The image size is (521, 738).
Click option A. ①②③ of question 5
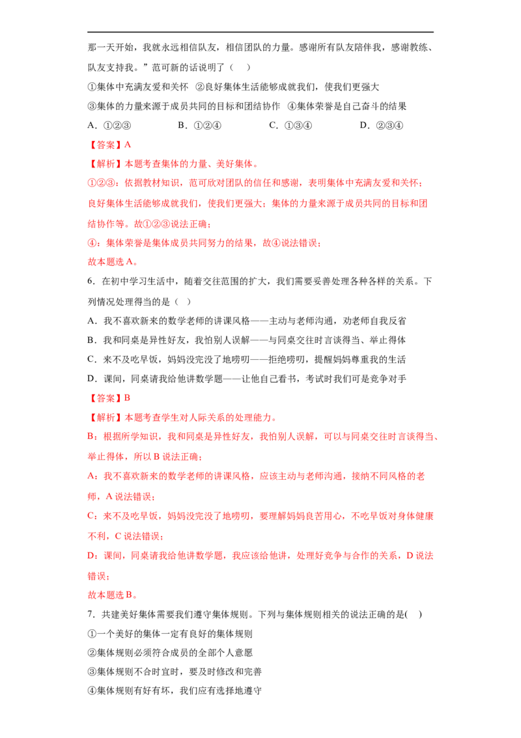(x=109, y=126)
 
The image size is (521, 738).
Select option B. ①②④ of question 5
(x=200, y=126)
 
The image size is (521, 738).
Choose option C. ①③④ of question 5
(x=290, y=126)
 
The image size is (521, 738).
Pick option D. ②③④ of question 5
(x=382, y=126)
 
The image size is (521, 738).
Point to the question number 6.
(x=92, y=282)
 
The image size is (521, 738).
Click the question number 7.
(x=92, y=614)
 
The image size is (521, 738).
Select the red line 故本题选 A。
(x=113, y=261)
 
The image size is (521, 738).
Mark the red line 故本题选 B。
(x=113, y=595)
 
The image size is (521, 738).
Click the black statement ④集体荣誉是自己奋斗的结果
(x=347, y=106)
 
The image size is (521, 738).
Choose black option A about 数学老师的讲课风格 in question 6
(x=247, y=321)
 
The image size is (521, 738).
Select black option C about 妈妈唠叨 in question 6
(x=247, y=360)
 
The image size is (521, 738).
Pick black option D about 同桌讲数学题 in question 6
(x=247, y=379)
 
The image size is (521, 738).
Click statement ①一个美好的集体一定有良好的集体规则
(x=170, y=634)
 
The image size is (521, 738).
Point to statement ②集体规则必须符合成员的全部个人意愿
(x=170, y=653)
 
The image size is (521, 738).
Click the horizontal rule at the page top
(x=260, y=32)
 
